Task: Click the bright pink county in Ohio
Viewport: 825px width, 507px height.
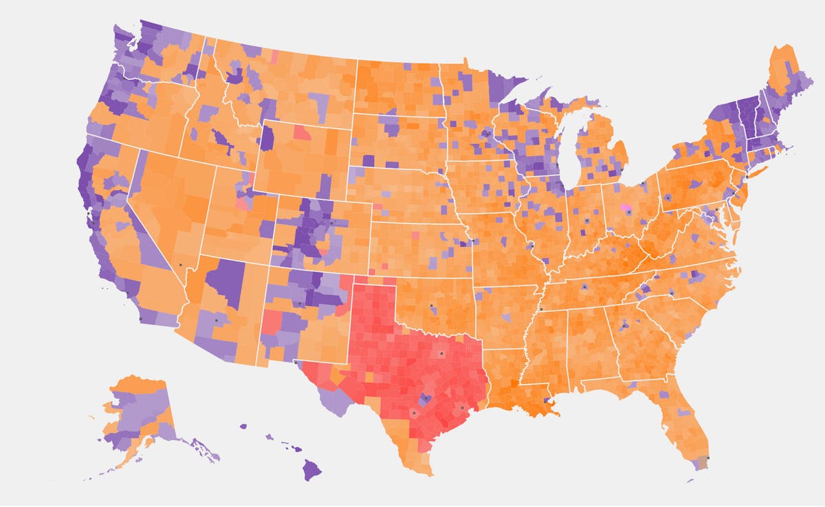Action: click(626, 207)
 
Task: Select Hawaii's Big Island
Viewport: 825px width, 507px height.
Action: click(312, 470)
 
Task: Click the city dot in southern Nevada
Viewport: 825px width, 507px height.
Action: click(181, 266)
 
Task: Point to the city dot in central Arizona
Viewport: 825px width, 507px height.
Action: click(217, 321)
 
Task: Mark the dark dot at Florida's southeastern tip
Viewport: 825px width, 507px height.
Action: click(708, 459)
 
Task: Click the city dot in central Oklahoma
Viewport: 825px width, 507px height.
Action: click(432, 305)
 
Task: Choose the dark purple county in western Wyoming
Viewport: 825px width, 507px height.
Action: click(267, 137)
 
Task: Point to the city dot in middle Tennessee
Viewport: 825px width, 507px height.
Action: click(584, 286)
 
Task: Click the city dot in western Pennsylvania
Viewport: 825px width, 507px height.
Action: click(667, 197)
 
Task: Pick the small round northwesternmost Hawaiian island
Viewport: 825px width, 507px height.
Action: click(243, 427)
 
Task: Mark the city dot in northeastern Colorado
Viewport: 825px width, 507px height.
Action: click(331, 222)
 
